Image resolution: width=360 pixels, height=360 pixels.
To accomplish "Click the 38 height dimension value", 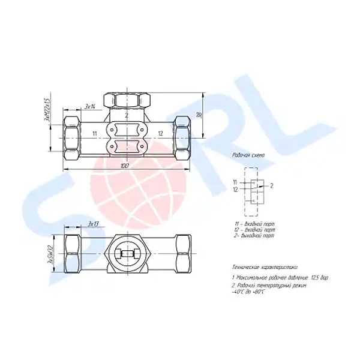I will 199,115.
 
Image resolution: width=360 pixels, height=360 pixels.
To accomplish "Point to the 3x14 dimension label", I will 91,106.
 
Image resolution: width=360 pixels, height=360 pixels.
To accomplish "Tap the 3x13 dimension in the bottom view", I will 93,224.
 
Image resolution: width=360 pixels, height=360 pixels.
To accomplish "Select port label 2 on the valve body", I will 127,115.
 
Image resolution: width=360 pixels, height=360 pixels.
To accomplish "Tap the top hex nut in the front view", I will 127,98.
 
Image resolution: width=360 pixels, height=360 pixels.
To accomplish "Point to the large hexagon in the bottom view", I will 127,254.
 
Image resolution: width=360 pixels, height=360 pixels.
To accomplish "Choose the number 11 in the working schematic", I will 235,182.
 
